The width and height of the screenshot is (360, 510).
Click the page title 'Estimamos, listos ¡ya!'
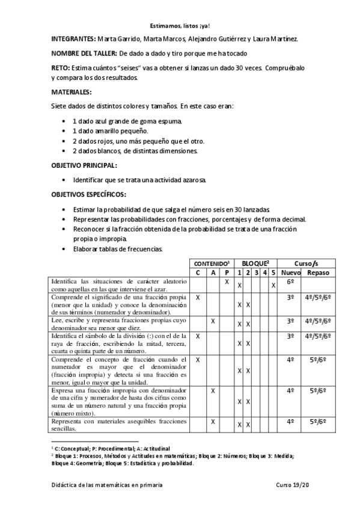click(180, 26)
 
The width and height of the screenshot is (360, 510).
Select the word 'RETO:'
click(59, 69)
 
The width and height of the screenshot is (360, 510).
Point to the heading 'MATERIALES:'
click(71, 92)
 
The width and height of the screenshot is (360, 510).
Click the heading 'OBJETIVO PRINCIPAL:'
click(84, 165)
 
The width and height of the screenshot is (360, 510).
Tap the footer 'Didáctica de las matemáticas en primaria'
click(106, 484)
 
